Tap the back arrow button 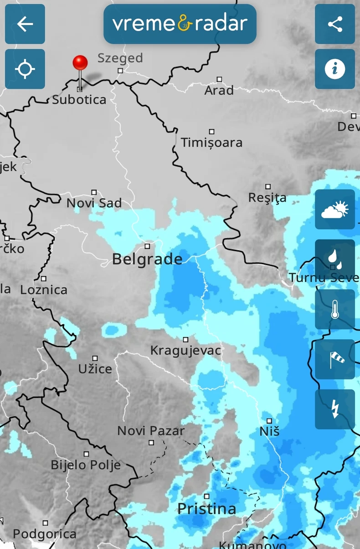tap(25, 24)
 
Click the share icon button tap(335, 24)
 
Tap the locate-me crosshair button tap(25, 69)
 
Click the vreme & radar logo tap(180, 24)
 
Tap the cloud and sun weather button tap(335, 210)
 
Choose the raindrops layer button tap(335, 259)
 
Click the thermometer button tap(335, 310)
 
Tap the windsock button tap(335, 359)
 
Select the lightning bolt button tap(335, 409)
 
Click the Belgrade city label tap(147, 259)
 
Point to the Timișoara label tap(211, 143)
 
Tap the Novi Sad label tap(94, 203)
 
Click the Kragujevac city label tap(186, 351)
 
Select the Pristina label tap(207, 509)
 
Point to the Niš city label tap(269, 431)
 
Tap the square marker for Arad tap(219, 79)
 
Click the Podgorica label tap(45, 534)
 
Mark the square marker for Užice tap(95, 358)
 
